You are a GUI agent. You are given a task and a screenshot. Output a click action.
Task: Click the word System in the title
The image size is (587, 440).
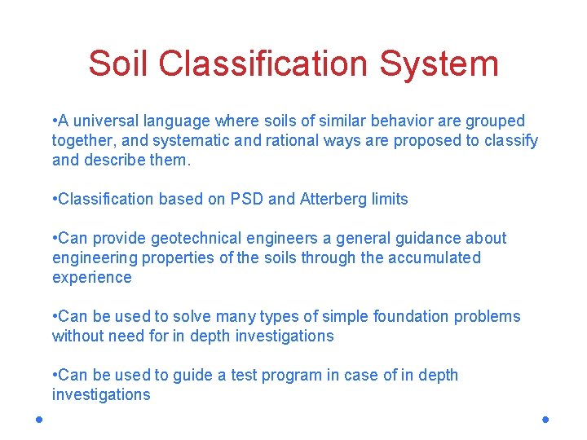pyautogui.click(x=441, y=64)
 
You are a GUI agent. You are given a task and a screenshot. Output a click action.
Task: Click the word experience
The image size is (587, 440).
pyautogui.click(x=91, y=278)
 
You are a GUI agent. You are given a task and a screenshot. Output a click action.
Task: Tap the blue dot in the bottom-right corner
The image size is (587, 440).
pyautogui.click(x=545, y=419)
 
